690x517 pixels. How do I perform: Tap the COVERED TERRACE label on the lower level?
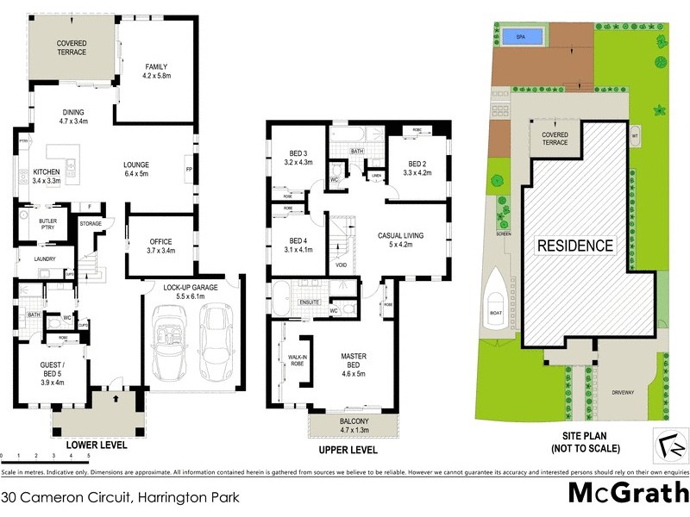click(x=72, y=47)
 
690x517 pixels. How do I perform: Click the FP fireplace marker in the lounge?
click(x=188, y=170)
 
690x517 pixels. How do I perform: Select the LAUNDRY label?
click(x=45, y=258)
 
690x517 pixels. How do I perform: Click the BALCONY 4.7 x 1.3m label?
click(x=354, y=423)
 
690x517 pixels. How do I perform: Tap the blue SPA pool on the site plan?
click(x=520, y=37)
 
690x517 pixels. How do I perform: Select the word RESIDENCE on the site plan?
click(x=576, y=246)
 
